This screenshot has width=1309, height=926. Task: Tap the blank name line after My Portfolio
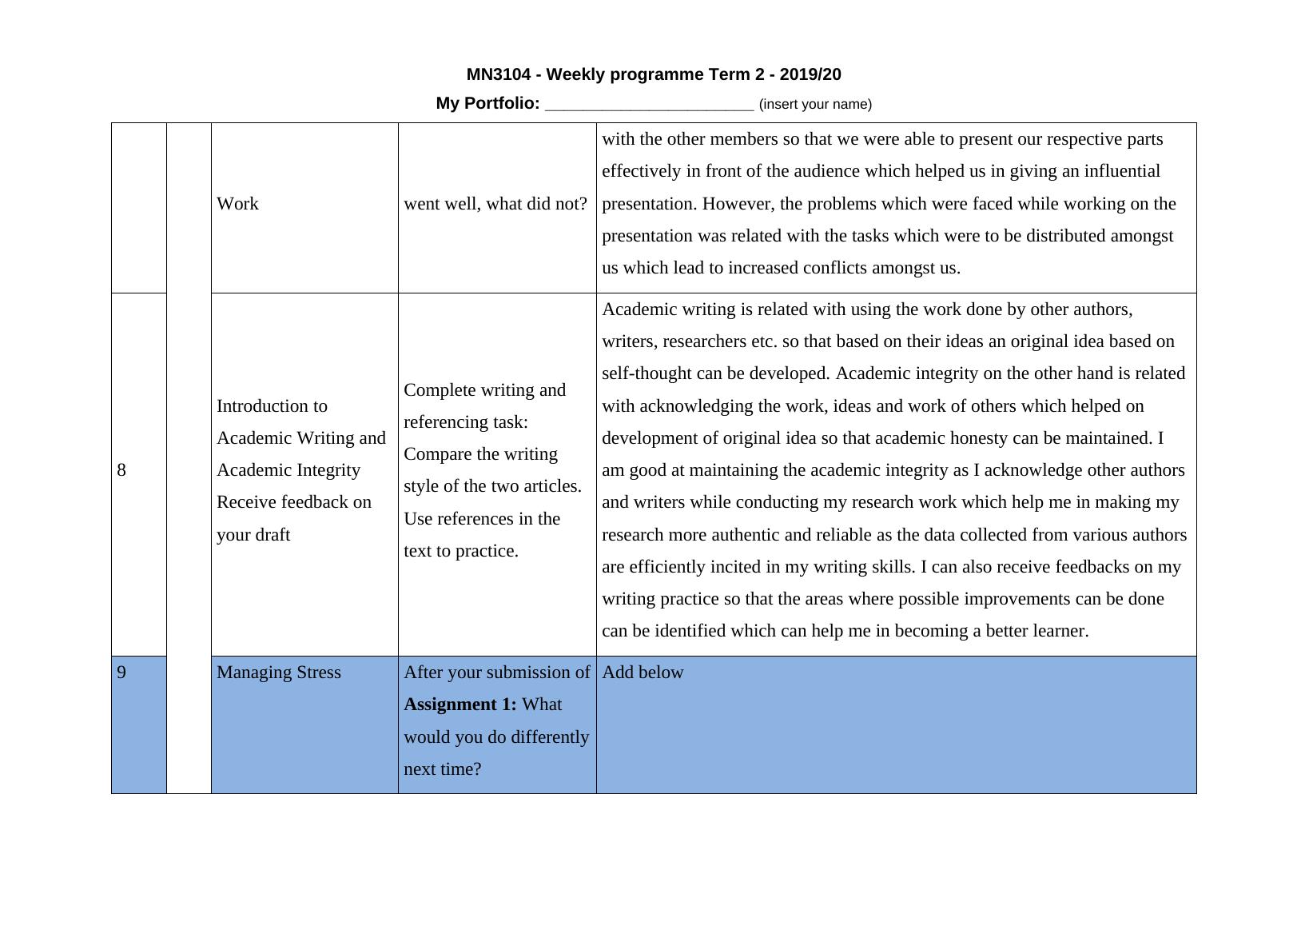649,105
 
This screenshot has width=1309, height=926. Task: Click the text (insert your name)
815,104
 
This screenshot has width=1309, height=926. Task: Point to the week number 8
121,470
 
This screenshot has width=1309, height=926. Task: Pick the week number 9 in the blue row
121,673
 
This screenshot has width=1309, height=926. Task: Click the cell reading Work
237,204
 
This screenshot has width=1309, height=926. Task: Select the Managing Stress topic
278,673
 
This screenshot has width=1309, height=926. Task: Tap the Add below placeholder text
643,673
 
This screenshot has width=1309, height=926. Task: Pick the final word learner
1060,631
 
